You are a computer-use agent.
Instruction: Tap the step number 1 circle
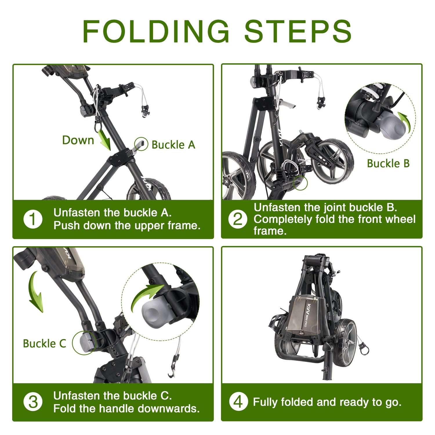click(x=33, y=219)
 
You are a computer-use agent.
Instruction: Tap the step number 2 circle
click(x=238, y=219)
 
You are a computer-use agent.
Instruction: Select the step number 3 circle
click(x=33, y=402)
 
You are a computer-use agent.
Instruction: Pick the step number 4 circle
click(x=238, y=402)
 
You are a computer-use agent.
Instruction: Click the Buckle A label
click(x=173, y=145)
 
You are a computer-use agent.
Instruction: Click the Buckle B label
click(x=388, y=164)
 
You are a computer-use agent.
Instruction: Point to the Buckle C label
click(x=44, y=344)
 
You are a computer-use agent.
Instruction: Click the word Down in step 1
click(x=78, y=140)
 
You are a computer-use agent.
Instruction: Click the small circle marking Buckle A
click(x=141, y=144)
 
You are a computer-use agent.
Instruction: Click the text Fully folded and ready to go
click(x=327, y=402)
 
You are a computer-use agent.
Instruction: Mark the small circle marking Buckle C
click(x=84, y=343)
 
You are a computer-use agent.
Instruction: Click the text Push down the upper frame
click(x=127, y=226)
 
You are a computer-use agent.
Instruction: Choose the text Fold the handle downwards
click(x=126, y=409)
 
